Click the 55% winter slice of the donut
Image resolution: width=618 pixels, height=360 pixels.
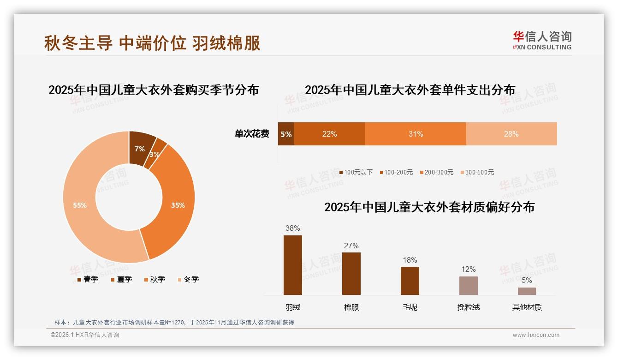click(x=79, y=205)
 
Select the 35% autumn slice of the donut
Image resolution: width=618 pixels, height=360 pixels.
click(x=177, y=205)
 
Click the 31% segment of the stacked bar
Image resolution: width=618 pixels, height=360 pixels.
click(x=416, y=134)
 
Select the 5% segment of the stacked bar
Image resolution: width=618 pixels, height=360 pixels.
click(x=286, y=134)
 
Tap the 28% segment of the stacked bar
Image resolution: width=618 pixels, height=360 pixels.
click(x=511, y=134)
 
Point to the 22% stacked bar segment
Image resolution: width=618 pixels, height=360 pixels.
click(x=329, y=134)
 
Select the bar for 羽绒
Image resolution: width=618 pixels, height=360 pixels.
click(x=293, y=265)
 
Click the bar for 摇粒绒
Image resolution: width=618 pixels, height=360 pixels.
click(x=468, y=285)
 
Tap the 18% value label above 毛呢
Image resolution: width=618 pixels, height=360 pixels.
click(x=410, y=260)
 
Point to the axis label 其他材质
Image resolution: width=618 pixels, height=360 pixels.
click(x=527, y=307)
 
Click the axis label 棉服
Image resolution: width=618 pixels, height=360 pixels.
click(x=351, y=307)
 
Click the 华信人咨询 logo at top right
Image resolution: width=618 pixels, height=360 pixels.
click(x=542, y=40)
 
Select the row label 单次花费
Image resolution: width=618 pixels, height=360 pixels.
click(x=252, y=134)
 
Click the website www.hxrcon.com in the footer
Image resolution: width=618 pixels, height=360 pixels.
click(x=536, y=335)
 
